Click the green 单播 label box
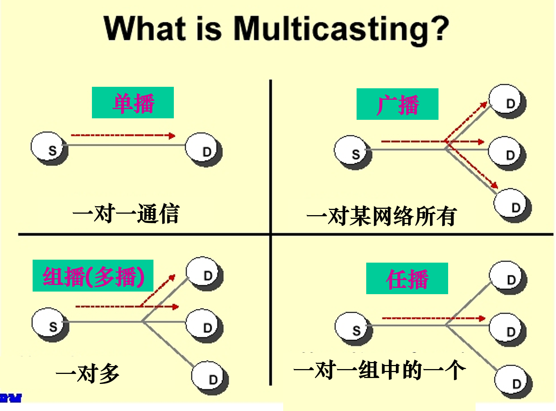pyautogui.click(x=133, y=103)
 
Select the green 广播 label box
pyautogui.click(x=397, y=104)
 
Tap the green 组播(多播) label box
pyautogui.click(x=93, y=276)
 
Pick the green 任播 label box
pyautogui.click(x=407, y=279)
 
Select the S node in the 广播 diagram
pyautogui.click(x=352, y=152)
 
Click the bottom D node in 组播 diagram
pyautogui.click(x=209, y=377)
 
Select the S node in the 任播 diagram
pyautogui.click(x=353, y=328)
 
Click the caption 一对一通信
pyautogui.click(x=126, y=214)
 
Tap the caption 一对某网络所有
pyautogui.click(x=382, y=216)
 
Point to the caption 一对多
pyautogui.click(x=87, y=373)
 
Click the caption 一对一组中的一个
pyautogui.click(x=379, y=370)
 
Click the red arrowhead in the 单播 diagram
pyautogui.click(x=171, y=136)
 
